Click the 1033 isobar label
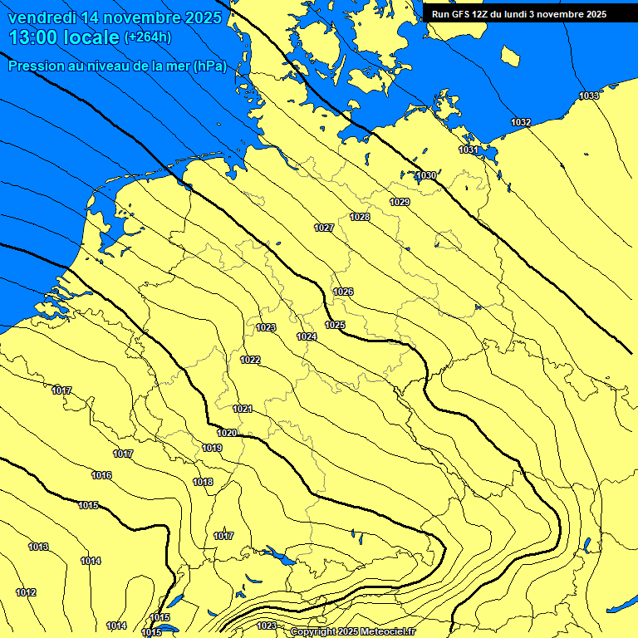(589, 96)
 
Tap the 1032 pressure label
(521, 122)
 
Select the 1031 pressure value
(469, 150)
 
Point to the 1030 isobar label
(426, 175)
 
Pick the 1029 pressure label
(400, 202)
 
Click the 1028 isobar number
(360, 217)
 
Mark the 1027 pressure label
(324, 228)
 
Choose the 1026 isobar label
(343, 292)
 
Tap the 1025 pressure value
(335, 325)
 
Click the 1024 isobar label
(307, 336)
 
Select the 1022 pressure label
(250, 360)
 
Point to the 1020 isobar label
(227, 433)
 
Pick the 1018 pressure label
(203, 482)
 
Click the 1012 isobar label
(26, 592)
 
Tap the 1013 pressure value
(38, 547)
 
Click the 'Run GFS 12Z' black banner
(519, 14)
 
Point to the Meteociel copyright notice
(352, 631)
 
